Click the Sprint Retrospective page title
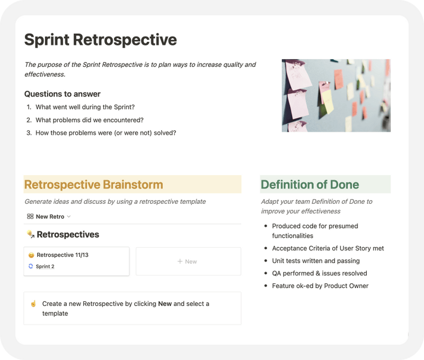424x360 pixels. (101, 40)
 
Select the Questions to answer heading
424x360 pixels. (62, 94)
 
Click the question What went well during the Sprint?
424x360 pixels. (85, 107)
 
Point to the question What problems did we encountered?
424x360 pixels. (89, 120)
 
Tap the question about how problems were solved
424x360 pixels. (105, 133)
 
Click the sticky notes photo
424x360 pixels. (336, 95)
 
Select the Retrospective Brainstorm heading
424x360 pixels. (94, 185)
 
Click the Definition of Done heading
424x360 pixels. (310, 185)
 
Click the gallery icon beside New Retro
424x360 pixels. (30, 217)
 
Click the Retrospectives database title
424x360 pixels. (67, 235)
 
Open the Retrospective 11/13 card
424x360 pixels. (63, 255)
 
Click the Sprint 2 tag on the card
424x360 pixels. (45, 266)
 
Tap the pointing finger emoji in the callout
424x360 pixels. (33, 304)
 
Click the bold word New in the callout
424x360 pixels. (165, 304)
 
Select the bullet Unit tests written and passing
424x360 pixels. (316, 261)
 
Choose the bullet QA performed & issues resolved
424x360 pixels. (320, 273)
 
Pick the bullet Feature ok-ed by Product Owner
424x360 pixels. (320, 286)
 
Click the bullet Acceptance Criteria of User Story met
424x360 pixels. (328, 248)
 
